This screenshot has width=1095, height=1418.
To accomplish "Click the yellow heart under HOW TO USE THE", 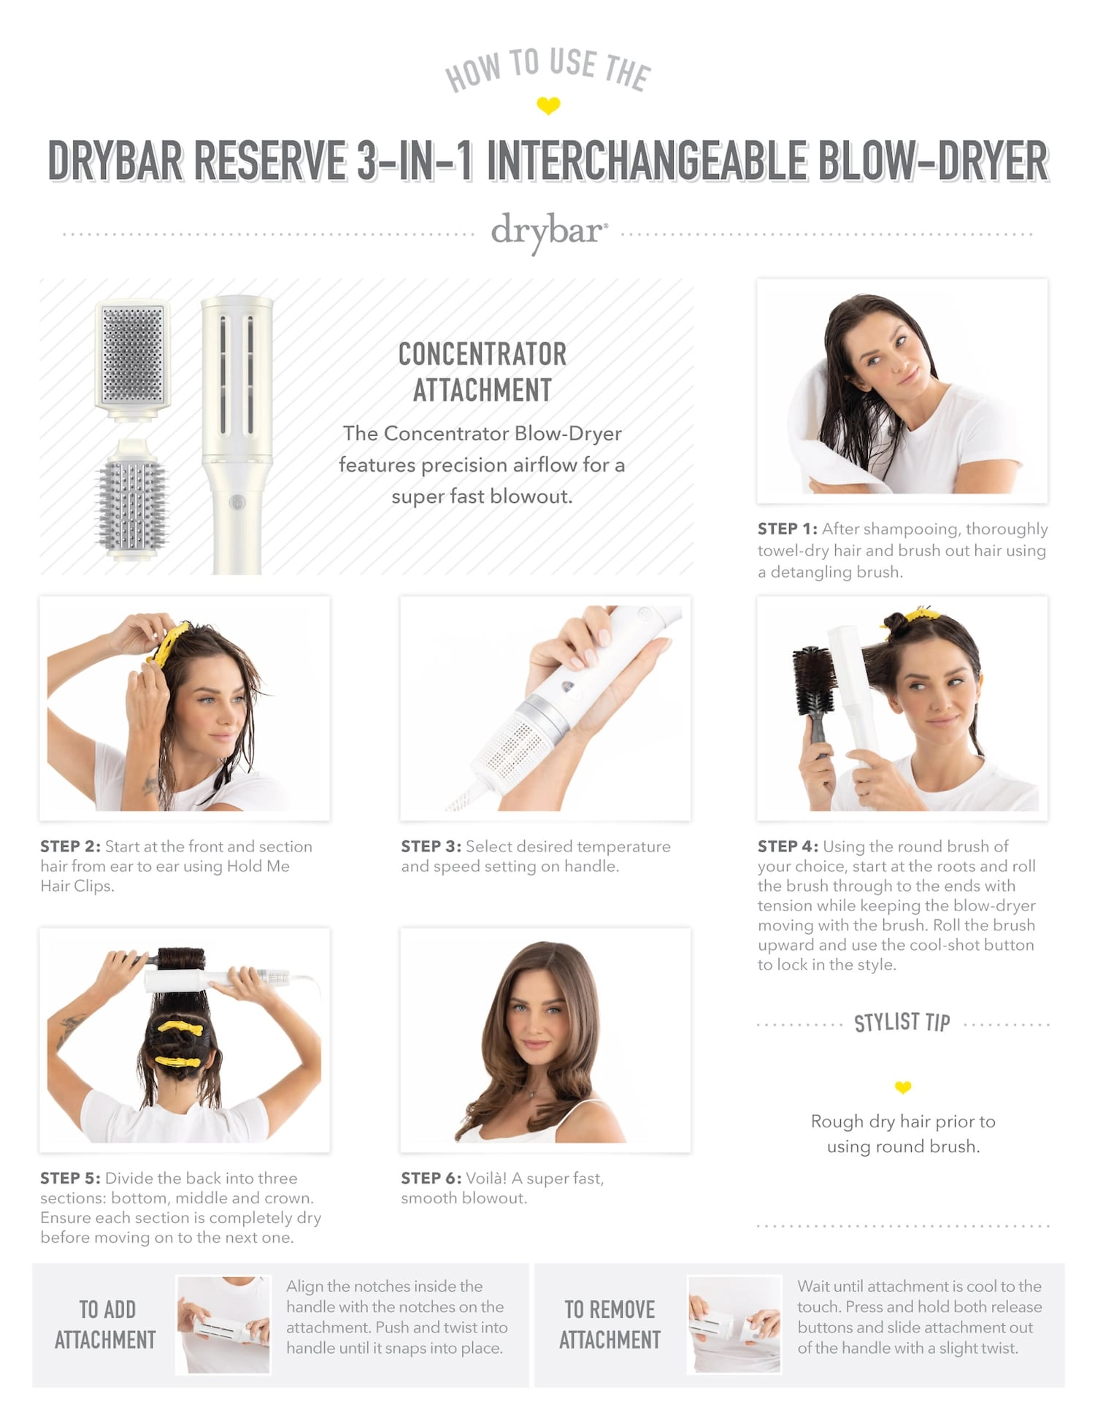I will coord(548,105).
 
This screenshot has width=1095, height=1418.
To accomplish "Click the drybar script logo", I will coord(548,231).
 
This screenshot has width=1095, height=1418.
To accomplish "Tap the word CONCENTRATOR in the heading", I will coord(482,354).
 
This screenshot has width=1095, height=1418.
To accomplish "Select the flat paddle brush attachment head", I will coord(133,358).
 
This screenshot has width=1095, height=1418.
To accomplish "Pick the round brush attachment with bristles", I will coord(132,504).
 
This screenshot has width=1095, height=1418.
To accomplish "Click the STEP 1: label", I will coord(787,529).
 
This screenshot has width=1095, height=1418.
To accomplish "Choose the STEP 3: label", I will coord(431,846).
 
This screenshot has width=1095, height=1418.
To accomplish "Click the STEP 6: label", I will coord(431,1178).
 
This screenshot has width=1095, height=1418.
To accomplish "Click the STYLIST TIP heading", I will coord(902,1022).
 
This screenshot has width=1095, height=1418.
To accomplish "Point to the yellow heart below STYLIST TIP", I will coord(903,1088).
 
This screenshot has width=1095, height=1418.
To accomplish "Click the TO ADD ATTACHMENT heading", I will coord(106,1325).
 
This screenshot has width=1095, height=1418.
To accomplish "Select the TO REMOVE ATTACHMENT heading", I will coord(610,1325).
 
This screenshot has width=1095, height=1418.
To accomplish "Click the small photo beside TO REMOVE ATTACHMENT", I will coord(734,1324).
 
